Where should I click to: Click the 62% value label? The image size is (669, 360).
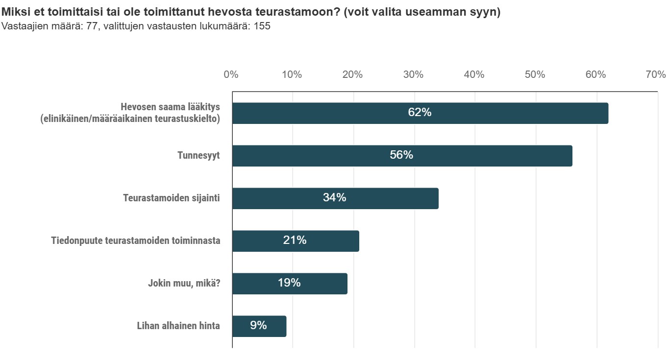[420, 113]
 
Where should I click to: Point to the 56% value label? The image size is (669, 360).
[401, 155]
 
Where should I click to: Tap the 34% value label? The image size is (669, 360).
[334, 198]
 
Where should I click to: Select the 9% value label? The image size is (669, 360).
[258, 325]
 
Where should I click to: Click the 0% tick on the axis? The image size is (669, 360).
[231, 75]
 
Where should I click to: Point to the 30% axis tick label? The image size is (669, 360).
[413, 75]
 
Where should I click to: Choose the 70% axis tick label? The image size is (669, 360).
[656, 75]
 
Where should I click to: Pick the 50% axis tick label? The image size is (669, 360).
[535, 75]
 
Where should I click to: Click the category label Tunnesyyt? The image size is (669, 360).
[198, 156]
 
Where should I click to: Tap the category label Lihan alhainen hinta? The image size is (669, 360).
[178, 326]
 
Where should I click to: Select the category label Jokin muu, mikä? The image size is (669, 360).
[184, 284]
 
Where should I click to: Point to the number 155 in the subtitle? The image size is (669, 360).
[262, 26]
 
